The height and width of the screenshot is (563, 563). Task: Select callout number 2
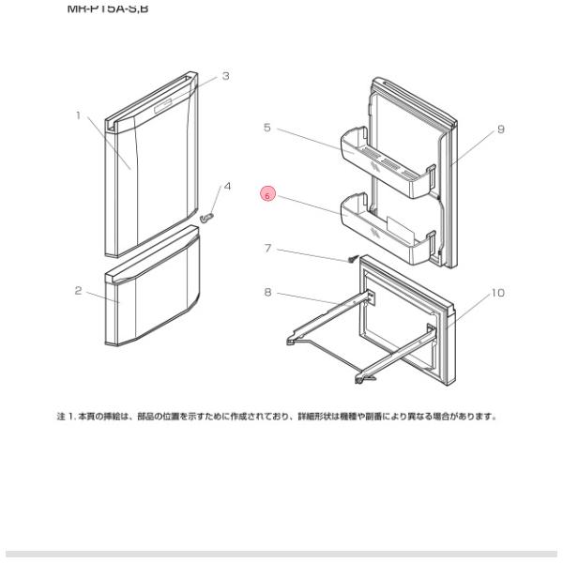tap(79, 290)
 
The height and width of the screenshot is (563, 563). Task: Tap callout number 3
tap(225, 75)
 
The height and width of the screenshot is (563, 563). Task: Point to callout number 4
tap(228, 186)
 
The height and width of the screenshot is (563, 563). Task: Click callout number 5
tap(267, 127)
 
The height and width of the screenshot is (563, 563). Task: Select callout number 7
tap(267, 249)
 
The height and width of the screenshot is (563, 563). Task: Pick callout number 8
tap(267, 293)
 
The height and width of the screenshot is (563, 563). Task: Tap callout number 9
tap(501, 129)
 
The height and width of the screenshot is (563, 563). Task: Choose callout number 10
tap(501, 293)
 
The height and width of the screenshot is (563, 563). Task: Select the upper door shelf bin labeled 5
tap(387, 164)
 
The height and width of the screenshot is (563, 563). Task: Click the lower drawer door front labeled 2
tap(155, 300)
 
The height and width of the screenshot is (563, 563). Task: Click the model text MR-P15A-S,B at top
tap(108, 8)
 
